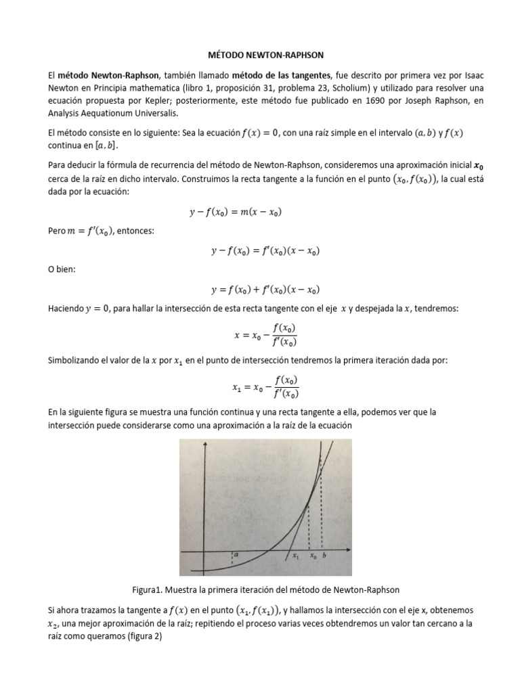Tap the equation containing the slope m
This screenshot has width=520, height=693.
click(x=236, y=212)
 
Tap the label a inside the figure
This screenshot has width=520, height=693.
click(x=237, y=554)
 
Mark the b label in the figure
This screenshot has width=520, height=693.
click(x=324, y=555)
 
